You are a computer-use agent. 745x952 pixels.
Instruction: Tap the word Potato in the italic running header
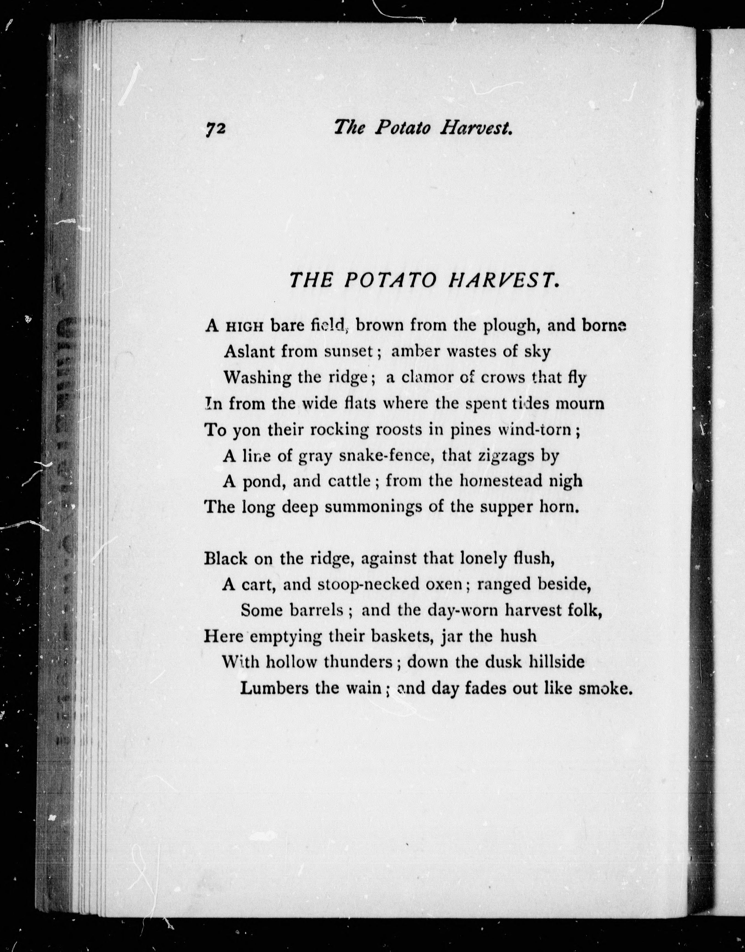pos(403,128)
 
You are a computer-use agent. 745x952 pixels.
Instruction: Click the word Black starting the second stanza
pos(226,558)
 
